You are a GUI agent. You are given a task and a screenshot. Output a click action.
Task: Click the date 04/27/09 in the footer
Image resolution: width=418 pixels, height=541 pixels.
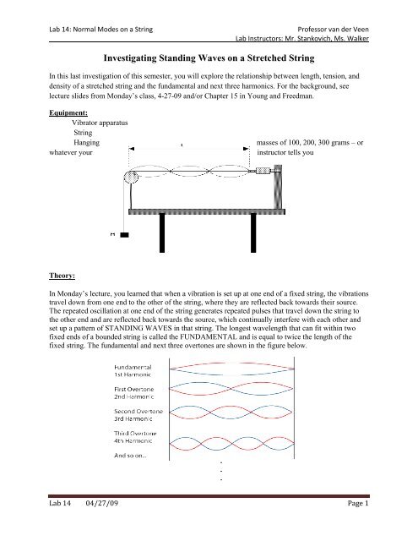tap(83, 527)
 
